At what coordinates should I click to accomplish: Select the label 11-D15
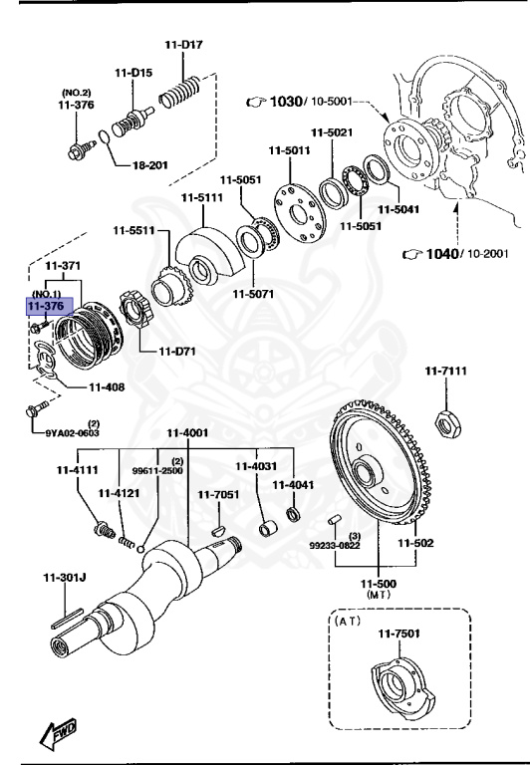[132, 72]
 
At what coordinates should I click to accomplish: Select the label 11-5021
[332, 132]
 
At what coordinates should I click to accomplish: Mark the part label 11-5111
[201, 197]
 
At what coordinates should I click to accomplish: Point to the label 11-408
[107, 386]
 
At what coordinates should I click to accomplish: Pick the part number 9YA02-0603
[73, 433]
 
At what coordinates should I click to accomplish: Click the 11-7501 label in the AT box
[398, 633]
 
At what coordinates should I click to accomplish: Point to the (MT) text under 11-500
[378, 595]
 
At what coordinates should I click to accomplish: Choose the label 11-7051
[217, 494]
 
